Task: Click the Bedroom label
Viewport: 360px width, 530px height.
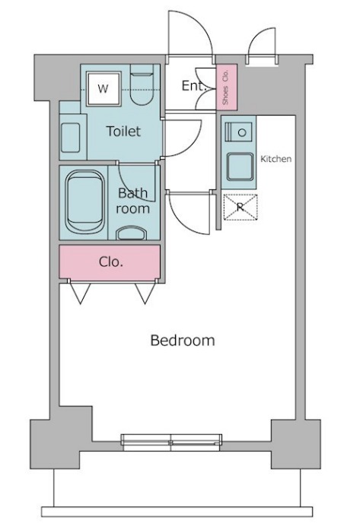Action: tap(183, 340)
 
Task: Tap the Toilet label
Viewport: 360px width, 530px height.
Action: tap(123, 131)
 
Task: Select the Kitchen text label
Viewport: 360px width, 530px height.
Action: tap(276, 159)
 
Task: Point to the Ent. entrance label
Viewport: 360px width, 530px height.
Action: tap(194, 85)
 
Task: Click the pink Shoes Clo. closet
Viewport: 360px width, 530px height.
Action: tap(226, 87)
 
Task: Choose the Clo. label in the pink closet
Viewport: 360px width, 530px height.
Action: tap(111, 262)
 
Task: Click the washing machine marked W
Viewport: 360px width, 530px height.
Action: tap(104, 88)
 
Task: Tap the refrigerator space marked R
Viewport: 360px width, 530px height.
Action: tap(241, 207)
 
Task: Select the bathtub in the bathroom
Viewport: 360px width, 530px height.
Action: tap(85, 202)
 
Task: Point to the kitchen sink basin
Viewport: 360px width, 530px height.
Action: tap(240, 167)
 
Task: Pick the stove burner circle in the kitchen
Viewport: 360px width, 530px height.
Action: tap(241, 132)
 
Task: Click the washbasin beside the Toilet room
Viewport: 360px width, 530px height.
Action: tap(71, 138)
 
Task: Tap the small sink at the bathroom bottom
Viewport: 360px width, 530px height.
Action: tap(131, 233)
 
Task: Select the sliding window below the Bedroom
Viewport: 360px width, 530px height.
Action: tap(171, 442)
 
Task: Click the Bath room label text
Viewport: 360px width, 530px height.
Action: tap(133, 201)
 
